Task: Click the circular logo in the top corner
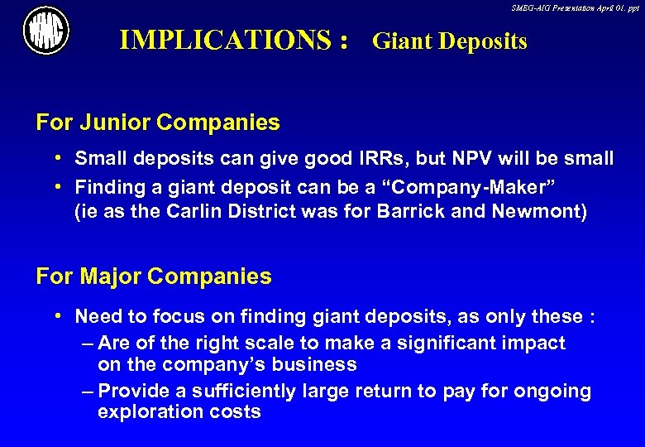45,31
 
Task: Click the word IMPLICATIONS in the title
226,40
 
